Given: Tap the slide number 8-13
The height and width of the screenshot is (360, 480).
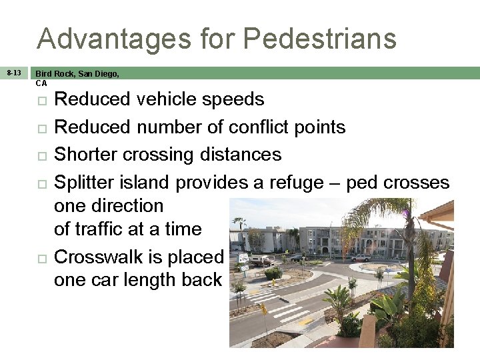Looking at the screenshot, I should (13, 73).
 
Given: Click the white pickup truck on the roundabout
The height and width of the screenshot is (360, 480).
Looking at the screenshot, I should (361, 257).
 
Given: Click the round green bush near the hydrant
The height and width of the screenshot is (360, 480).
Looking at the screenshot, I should (272, 273).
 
